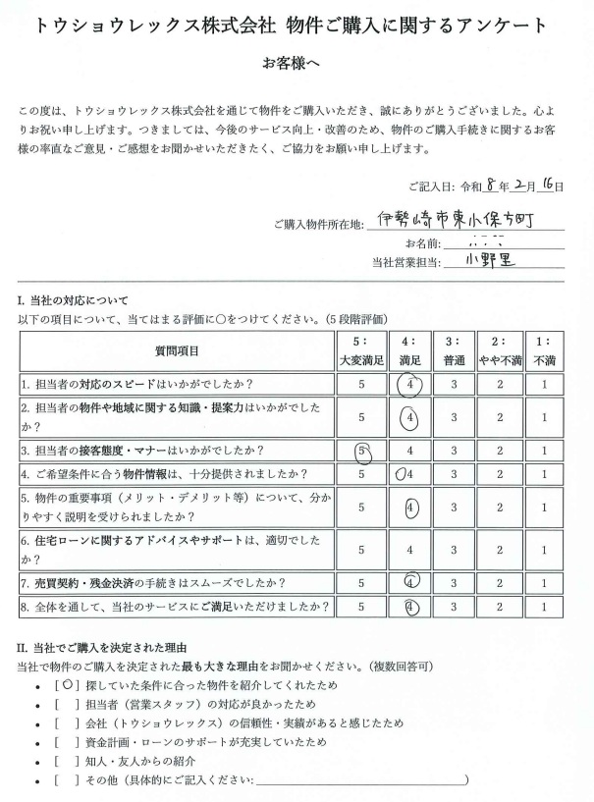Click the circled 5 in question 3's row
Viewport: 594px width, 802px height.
coord(363,452)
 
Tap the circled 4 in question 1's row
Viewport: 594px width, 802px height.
coord(413,383)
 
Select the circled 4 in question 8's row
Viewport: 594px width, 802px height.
coord(413,607)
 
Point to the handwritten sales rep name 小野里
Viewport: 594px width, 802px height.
coord(485,260)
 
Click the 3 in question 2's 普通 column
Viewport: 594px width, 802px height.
coord(455,417)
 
